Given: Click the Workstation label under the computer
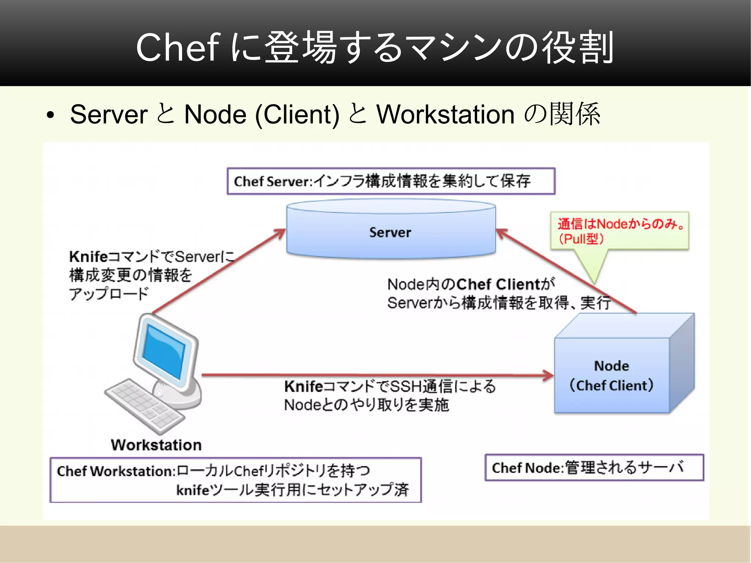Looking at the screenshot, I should tap(156, 445).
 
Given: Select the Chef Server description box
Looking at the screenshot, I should tap(391, 181).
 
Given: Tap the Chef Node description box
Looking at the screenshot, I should tap(594, 468).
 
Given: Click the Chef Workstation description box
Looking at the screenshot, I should tap(235, 480).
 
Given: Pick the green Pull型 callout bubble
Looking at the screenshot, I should tap(619, 231).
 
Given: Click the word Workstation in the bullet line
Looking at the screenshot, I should tap(445, 114).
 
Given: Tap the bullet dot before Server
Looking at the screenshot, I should tap(50, 116).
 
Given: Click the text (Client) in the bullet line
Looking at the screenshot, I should tap(297, 114).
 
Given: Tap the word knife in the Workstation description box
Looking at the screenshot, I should tap(193, 490).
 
